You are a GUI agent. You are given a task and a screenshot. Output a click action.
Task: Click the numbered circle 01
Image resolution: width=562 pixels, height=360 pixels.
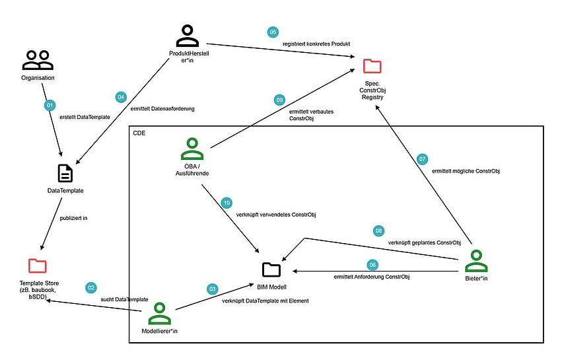point(48,106)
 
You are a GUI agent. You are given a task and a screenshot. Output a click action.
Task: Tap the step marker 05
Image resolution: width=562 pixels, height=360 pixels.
point(272,32)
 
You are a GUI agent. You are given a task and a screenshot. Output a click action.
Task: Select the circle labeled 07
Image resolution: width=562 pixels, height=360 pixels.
point(423,159)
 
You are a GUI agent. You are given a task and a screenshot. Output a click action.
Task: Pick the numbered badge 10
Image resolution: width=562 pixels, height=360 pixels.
point(227,203)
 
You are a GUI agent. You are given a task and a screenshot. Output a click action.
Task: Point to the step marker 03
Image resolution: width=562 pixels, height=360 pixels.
point(212,289)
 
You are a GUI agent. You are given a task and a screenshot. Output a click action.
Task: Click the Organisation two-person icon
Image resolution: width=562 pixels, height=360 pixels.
point(37,61)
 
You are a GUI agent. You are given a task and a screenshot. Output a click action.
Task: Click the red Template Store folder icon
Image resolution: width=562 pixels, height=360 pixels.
point(38,266)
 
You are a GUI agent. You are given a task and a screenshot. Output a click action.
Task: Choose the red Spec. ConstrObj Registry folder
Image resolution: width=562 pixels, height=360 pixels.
point(372,66)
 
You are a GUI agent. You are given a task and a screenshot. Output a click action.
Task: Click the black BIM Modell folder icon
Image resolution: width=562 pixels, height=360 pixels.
point(271,269)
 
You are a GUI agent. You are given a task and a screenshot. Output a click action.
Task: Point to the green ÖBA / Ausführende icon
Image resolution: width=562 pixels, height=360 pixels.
point(192,150)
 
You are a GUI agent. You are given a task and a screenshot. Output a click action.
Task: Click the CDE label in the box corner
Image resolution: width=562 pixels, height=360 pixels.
point(139,133)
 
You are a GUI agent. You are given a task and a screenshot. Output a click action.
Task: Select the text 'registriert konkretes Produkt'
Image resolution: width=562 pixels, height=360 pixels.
point(316,43)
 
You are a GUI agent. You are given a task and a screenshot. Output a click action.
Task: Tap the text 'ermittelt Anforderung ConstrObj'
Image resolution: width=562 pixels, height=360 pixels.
point(372,275)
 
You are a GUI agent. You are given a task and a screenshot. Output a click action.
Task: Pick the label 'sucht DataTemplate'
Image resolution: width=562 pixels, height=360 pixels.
point(124,300)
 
